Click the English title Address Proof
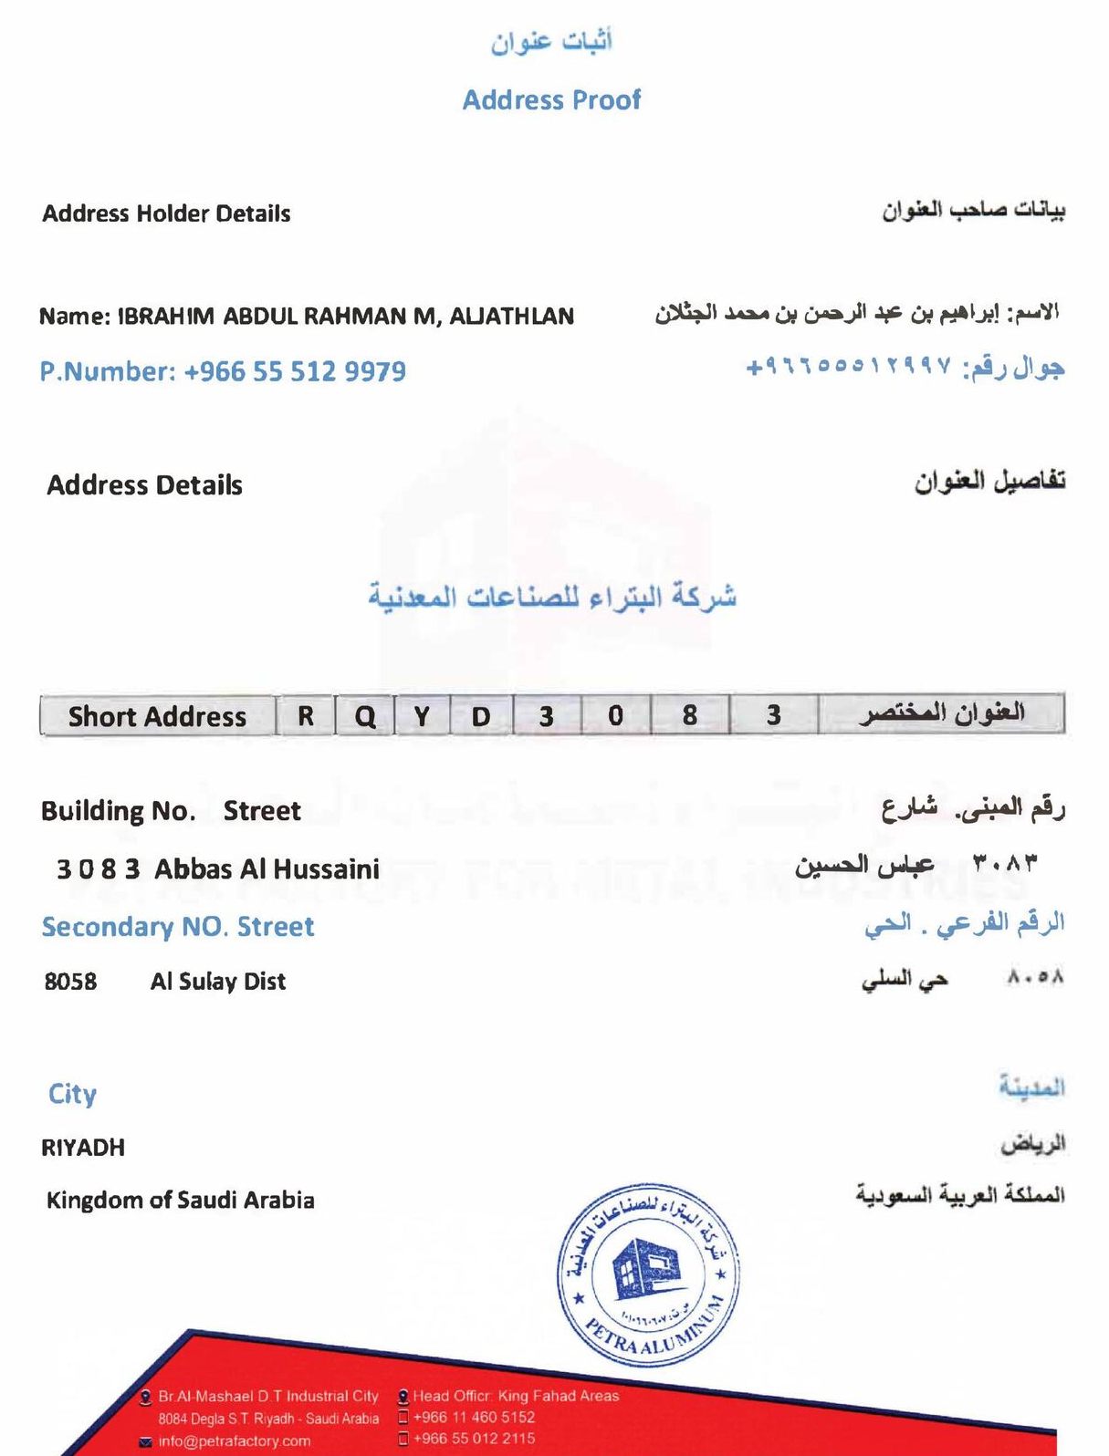551,99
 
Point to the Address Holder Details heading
166,213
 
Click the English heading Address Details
144,485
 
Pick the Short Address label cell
157,716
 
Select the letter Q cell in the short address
365,716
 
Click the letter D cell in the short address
481,716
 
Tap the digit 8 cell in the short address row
690,715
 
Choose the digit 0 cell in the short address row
616,715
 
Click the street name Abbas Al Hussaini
267,868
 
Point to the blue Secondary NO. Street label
178,927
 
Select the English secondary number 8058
70,982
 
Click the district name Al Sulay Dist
218,982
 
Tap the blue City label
72,1094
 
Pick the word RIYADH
83,1148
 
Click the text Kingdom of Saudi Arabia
181,1200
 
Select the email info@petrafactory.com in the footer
234,1441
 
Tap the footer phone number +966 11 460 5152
474,1418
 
